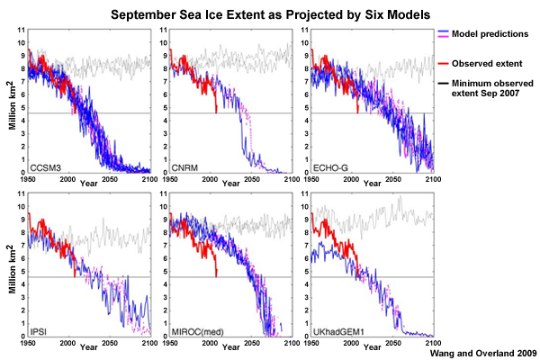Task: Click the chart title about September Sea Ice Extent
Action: click(x=269, y=15)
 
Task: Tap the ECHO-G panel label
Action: click(x=326, y=166)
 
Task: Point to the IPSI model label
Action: click(x=41, y=331)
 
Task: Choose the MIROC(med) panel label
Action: click(x=197, y=331)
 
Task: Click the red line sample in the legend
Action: click(x=448, y=64)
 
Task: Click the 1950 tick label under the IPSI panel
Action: click(x=30, y=343)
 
